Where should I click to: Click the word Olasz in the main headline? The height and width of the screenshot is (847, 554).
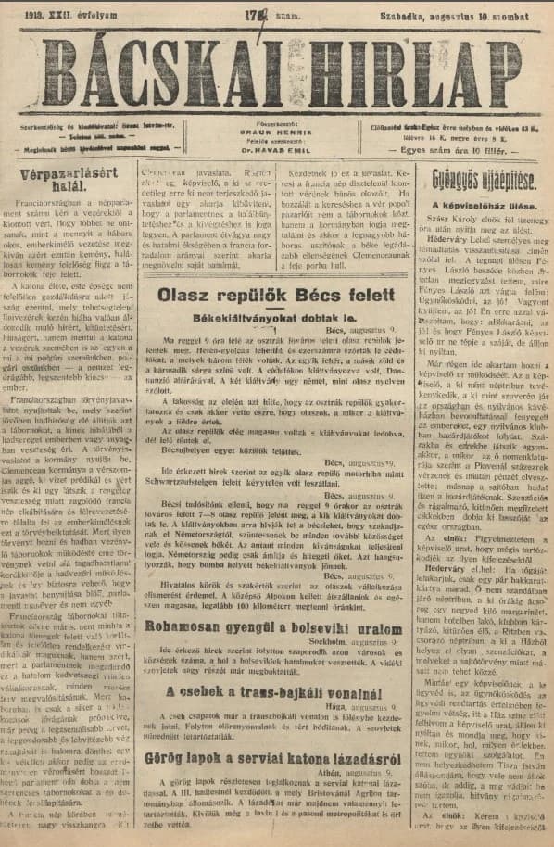[188, 295]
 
